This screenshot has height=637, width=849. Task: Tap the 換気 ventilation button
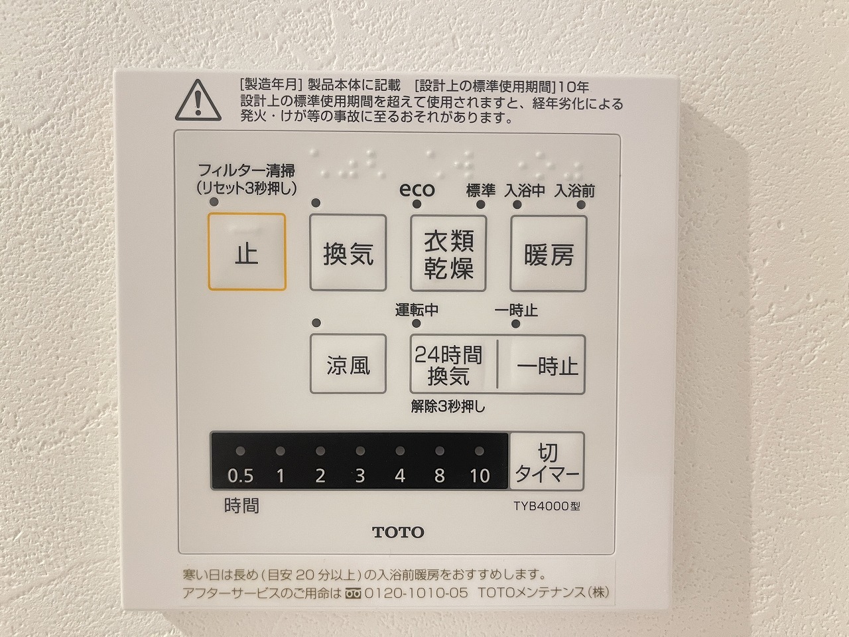[348, 253]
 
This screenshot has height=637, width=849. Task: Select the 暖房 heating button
[549, 253]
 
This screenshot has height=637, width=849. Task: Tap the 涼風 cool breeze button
[348, 364]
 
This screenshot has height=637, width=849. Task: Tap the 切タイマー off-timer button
[547, 461]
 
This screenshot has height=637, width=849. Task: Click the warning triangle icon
[198, 101]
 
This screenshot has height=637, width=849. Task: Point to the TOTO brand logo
[399, 532]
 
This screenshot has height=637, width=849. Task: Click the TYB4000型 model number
[547, 506]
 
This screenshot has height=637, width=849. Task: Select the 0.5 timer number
[240, 476]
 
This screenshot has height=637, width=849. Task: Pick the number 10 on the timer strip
[480, 476]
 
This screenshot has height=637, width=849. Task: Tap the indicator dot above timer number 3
[360, 451]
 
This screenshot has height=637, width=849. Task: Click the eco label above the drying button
[417, 190]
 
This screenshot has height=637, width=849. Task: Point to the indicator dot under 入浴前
[581, 205]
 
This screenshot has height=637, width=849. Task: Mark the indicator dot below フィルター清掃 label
[214, 202]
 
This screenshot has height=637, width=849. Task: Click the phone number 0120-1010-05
[416, 593]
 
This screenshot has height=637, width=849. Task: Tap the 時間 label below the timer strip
[241, 506]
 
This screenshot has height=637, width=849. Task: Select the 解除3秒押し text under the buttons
[448, 407]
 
